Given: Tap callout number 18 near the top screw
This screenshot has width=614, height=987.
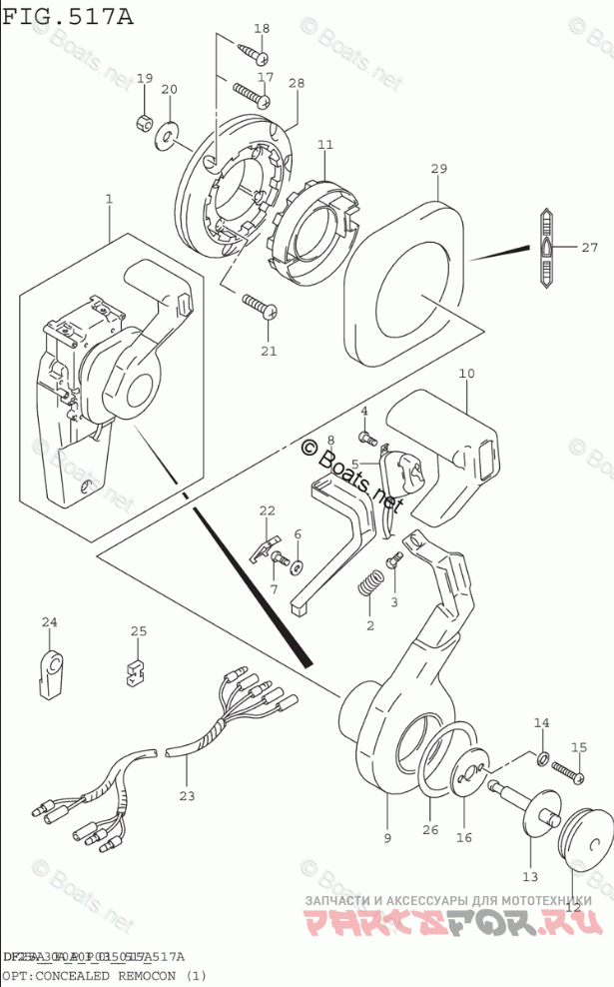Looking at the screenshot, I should tap(261, 29).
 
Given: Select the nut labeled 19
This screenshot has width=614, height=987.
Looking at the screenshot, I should tap(144, 124).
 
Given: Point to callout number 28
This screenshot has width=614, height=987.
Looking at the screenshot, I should tap(296, 83).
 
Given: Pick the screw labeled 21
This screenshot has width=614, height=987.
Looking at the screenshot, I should tap(258, 306).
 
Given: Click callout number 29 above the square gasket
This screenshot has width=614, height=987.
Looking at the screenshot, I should tap(438, 170).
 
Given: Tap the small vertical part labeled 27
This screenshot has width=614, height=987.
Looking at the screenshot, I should tap(547, 248).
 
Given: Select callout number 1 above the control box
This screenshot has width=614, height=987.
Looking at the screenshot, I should tap(109, 200).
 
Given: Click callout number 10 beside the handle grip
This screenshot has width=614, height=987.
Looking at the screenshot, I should tap(465, 375).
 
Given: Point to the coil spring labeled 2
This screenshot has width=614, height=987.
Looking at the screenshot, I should tap(368, 584).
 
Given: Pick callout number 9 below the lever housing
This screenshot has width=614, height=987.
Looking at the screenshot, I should tap(388, 837).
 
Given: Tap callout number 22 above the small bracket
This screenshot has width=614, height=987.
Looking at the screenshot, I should tap(268, 511).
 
